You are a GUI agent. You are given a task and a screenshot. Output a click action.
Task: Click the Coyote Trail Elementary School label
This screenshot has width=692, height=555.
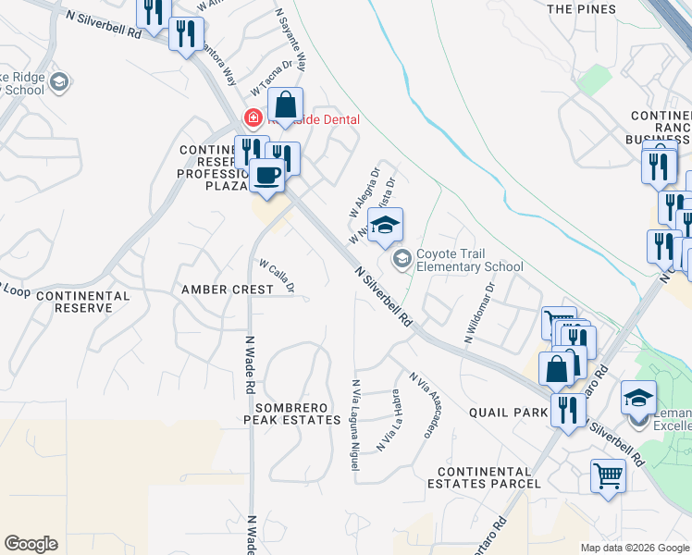pos(469,260)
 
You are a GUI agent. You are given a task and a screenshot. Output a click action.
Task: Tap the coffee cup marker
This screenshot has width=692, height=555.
pos(267,176)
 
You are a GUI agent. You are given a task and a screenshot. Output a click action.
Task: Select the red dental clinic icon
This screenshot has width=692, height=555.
pos(251,118)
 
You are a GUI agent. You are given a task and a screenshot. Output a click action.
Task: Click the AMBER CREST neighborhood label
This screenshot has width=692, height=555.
pos(227,290)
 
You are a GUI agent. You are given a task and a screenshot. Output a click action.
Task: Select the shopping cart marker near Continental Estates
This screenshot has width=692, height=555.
pos(608,476)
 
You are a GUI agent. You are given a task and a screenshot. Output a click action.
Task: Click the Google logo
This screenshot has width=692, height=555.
pos(31,544)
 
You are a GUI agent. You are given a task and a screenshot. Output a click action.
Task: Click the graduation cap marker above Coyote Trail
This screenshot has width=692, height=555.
pos(385,225)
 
